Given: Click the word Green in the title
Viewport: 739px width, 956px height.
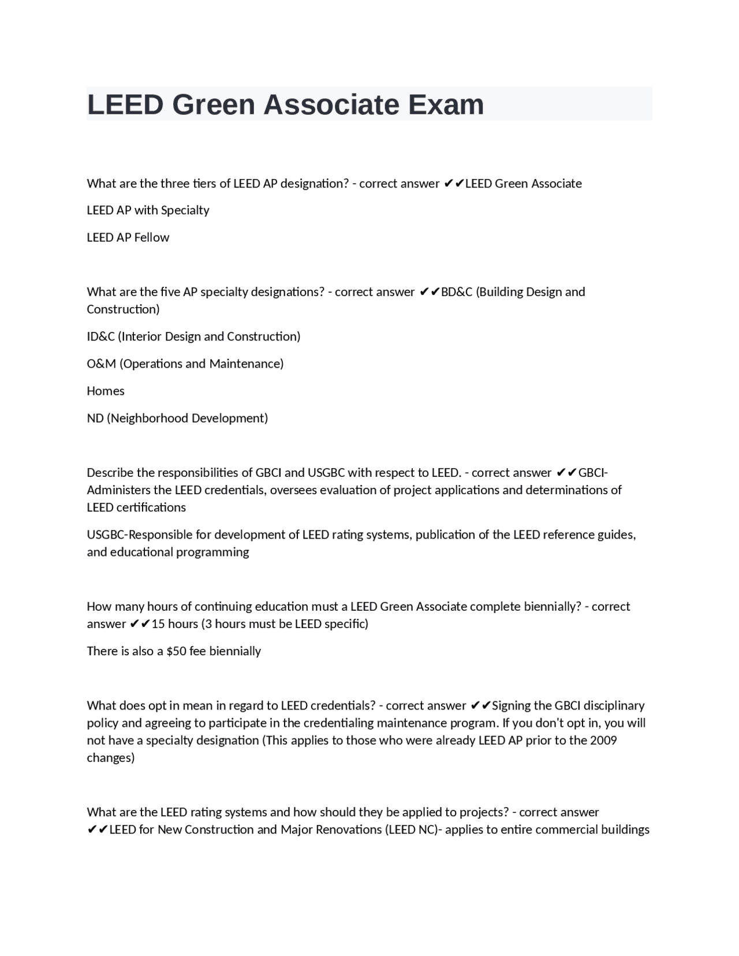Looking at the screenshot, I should [213, 104].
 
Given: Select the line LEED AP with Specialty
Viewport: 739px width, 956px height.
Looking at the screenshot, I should [148, 210].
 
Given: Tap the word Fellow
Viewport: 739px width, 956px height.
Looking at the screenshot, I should [152, 237].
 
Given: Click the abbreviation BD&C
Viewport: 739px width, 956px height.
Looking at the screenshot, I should [456, 292].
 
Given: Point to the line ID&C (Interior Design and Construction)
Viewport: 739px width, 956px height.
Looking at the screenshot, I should [193, 336].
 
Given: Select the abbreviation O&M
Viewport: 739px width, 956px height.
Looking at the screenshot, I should [101, 364].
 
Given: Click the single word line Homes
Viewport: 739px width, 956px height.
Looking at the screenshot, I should [106, 391].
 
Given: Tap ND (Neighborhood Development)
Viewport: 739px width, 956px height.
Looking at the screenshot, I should [177, 418].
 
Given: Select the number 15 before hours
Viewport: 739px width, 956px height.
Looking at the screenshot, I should [158, 624].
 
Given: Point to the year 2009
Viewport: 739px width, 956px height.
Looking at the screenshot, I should [603, 741].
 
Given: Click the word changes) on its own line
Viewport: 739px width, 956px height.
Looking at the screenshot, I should [110, 758].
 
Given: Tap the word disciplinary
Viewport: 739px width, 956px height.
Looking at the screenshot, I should [614, 705].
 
